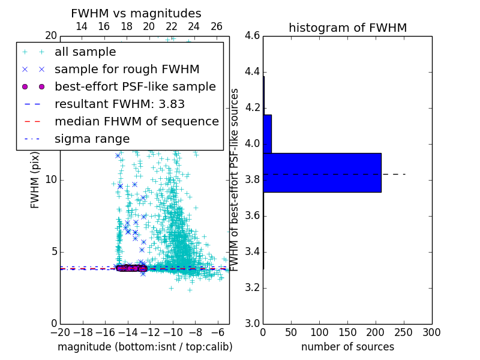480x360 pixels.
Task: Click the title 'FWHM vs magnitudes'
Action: [136, 14]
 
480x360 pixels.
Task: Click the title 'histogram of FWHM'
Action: [347, 28]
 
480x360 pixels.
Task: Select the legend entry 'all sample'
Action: [85, 52]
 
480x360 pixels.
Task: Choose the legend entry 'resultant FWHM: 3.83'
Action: [119, 104]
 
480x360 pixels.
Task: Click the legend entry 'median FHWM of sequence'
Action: [136, 122]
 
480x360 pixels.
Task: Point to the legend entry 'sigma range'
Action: [92, 139]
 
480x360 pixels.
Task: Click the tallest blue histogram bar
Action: [322, 172]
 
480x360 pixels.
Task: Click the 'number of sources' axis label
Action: [347, 347]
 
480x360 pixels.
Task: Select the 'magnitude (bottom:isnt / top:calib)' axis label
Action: [145, 347]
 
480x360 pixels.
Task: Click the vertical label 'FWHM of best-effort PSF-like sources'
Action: [235, 180]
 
